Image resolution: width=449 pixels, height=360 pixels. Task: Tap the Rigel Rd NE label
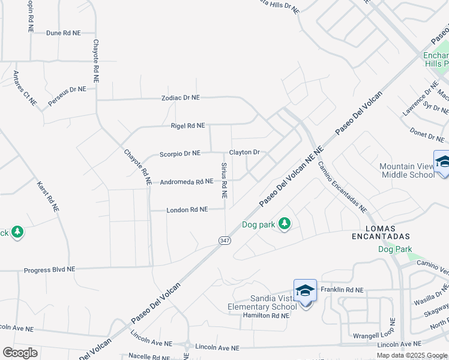tap(188, 126)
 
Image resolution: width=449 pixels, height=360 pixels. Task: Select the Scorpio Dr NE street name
tap(179, 154)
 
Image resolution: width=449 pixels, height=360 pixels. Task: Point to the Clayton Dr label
tap(244, 152)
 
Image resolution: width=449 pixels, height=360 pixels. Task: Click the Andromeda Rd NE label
tap(187, 181)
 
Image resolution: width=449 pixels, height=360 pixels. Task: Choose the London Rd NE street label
tap(187, 209)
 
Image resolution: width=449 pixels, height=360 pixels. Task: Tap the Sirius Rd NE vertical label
tap(224, 180)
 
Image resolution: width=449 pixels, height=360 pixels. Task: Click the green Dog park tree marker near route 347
tap(285, 225)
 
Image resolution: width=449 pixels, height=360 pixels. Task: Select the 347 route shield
tap(224, 240)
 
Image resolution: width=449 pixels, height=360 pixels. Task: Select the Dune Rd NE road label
tap(63, 33)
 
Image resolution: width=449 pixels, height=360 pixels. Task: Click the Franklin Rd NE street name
tap(342, 290)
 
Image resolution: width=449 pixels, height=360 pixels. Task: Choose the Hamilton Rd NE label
tap(266, 316)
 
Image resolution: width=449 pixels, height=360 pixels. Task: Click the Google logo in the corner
tap(20, 353)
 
